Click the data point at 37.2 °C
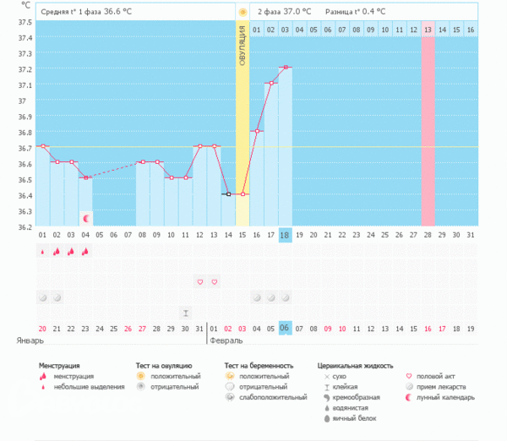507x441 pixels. (x=286, y=67)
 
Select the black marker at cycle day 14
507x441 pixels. (x=228, y=194)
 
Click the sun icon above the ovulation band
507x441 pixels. (x=243, y=12)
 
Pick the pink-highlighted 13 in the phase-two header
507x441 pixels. (x=428, y=30)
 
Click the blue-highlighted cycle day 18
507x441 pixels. (x=286, y=234)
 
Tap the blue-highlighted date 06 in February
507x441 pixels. (x=286, y=328)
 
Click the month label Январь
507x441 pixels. (x=30, y=340)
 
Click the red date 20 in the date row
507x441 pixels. (x=42, y=328)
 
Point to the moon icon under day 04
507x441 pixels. (x=85, y=218)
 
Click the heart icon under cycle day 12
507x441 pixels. (x=199, y=281)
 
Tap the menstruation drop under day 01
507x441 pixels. (x=42, y=251)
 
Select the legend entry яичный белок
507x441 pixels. (x=352, y=418)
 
